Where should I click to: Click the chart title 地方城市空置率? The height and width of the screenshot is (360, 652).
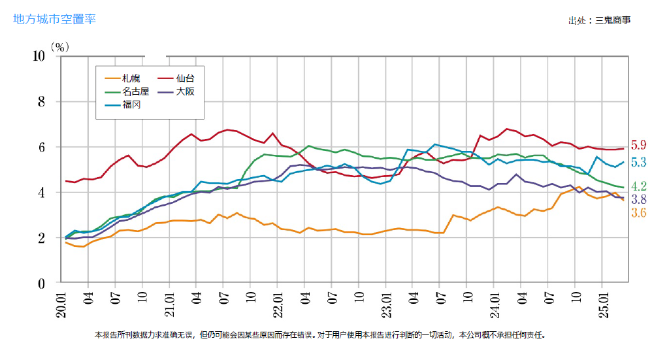(55, 19)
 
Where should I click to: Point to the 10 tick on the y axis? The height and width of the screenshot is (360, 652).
(38, 56)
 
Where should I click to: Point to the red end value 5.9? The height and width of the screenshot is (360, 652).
(638, 146)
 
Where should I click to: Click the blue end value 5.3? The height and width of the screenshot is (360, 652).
(638, 162)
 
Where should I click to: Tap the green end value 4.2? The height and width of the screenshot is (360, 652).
(638, 187)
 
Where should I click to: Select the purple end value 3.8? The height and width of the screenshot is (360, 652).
(638, 200)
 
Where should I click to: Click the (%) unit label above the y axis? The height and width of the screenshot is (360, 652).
(60, 47)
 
